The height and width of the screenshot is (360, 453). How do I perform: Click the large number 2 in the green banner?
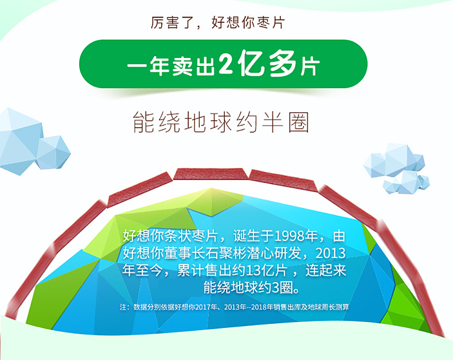pyautogui.click(x=226, y=63)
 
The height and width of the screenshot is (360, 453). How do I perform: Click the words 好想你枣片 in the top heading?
pyautogui.click(x=248, y=22)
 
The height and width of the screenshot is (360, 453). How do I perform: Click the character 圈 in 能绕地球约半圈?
pyautogui.click(x=299, y=123)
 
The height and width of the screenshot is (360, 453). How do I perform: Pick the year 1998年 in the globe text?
pyautogui.click(x=295, y=236)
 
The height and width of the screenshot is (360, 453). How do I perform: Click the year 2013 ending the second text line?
pyautogui.click(x=330, y=253)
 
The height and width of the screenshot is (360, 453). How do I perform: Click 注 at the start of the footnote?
pyautogui.click(x=123, y=307)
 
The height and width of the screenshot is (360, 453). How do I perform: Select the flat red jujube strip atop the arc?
pyautogui.click(x=211, y=173)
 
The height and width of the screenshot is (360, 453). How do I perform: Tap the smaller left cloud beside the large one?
pyautogui.click(x=53, y=152)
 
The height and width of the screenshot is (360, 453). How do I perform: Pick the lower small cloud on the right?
pyautogui.click(x=406, y=182)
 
